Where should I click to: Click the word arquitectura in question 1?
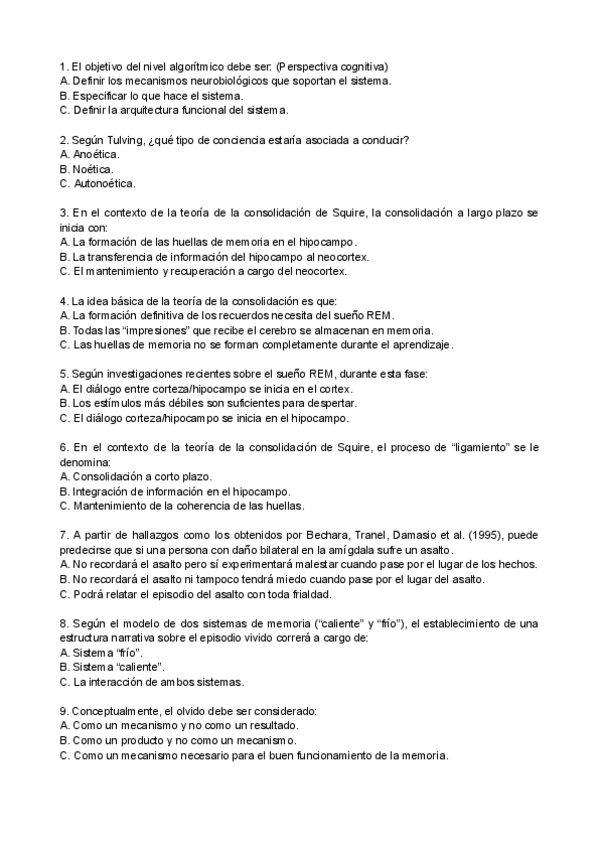point(152,110)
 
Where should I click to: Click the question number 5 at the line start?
point(64,374)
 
